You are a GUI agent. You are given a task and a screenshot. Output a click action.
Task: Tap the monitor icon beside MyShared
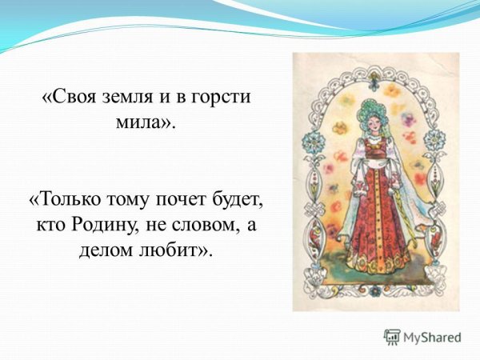click(x=391, y=336)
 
